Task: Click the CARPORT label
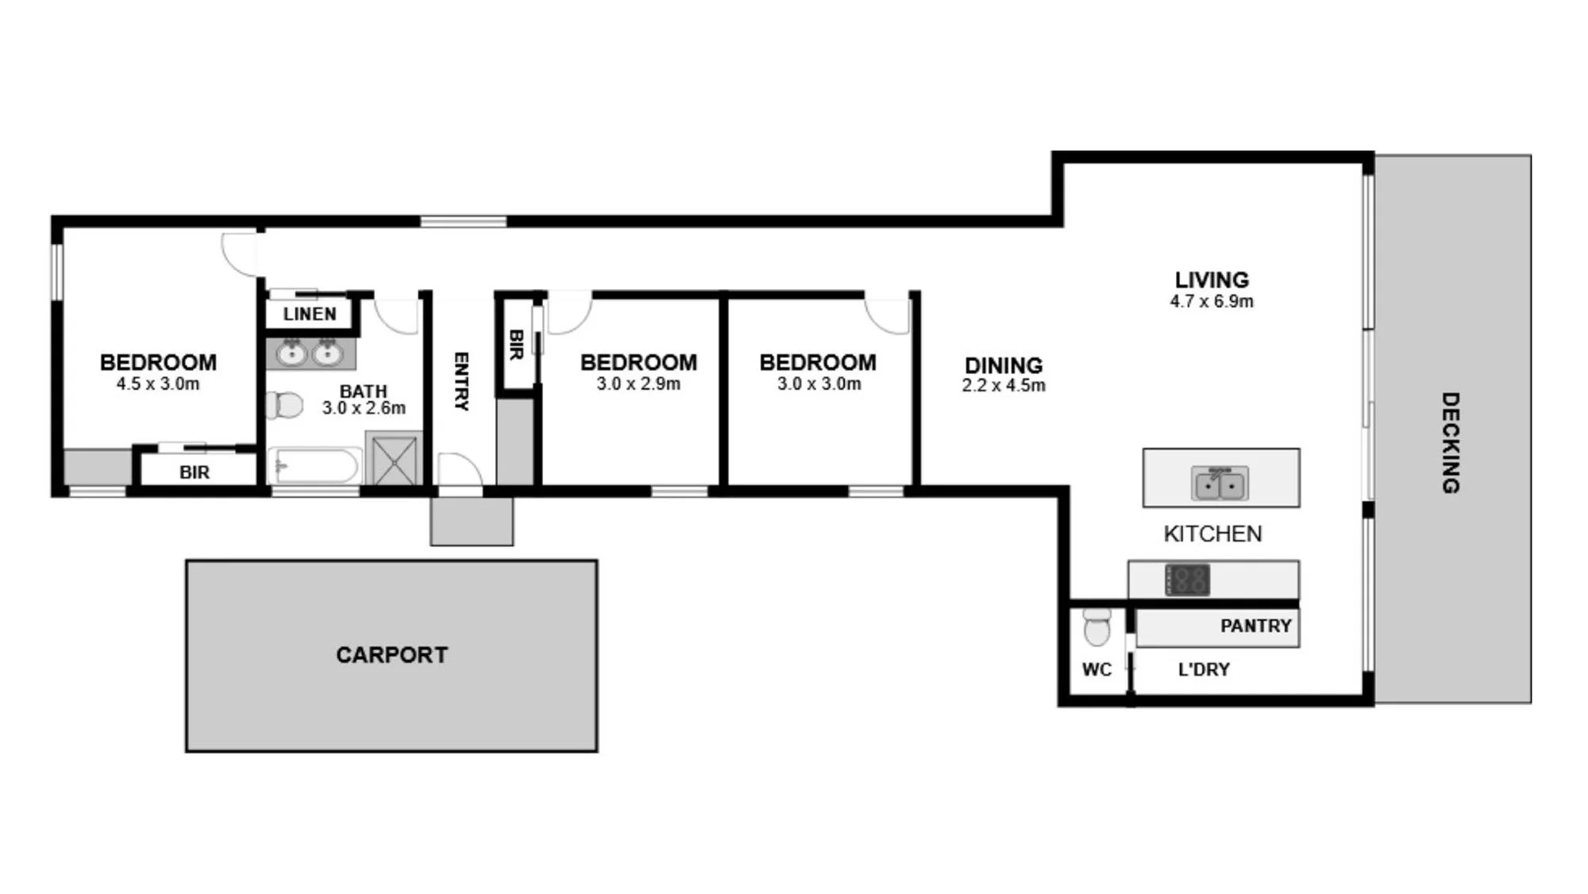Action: [391, 655]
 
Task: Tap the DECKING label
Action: [1450, 442]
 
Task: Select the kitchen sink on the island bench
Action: [1220, 483]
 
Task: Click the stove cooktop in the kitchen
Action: [1187, 580]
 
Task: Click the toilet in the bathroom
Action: [284, 405]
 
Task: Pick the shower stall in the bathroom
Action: [395, 459]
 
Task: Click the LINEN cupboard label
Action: [310, 314]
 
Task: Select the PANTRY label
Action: [1255, 626]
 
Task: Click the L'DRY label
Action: [1204, 670]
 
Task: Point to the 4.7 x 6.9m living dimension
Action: [1212, 302]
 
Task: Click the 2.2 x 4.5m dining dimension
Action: [1004, 386]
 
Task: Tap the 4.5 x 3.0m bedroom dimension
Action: [158, 384]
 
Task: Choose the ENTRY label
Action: [461, 382]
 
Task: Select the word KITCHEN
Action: [1212, 534]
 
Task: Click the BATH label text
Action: [363, 391]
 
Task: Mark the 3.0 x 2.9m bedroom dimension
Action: [638, 384]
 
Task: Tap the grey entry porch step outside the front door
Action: [472, 522]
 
